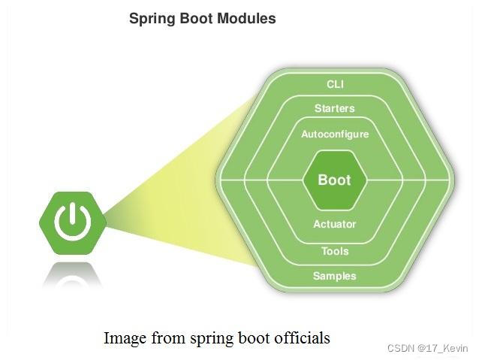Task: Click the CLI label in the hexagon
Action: point(335,83)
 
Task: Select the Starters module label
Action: point(335,108)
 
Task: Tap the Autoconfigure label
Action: point(335,134)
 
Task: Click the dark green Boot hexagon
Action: point(335,180)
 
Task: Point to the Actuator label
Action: point(335,224)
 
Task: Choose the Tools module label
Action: point(335,251)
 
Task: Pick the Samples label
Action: point(335,276)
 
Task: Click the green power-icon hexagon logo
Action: point(71,222)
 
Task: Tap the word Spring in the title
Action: point(153,19)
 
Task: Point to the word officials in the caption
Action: point(303,338)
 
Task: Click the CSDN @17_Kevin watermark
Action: point(427,348)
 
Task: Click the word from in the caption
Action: point(166,338)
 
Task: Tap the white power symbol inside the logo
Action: point(71,221)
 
